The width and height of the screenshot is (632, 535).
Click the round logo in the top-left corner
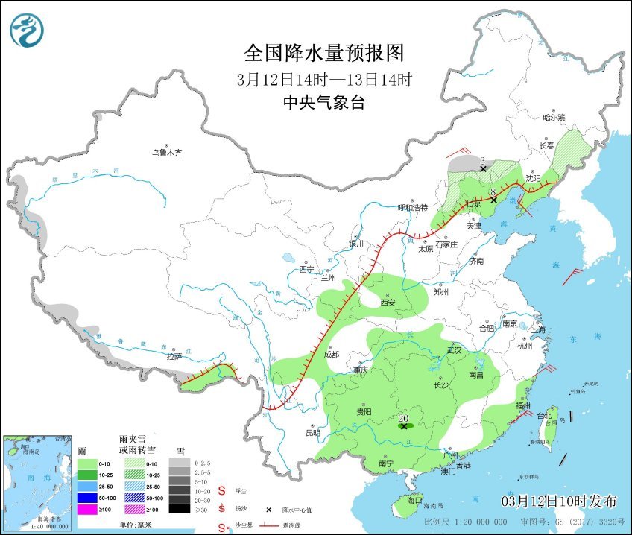point(27,30)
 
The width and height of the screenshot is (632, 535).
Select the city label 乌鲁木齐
point(167,153)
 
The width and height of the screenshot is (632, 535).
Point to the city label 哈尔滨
point(554,118)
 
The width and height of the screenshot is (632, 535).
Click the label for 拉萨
point(174,357)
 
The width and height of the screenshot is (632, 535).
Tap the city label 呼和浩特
point(414,208)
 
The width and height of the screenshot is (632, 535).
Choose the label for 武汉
point(454,350)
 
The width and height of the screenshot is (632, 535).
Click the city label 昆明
point(312,432)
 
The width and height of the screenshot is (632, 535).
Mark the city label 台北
point(546,416)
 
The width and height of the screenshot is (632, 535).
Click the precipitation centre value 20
point(404,418)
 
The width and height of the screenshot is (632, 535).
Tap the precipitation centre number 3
point(483,161)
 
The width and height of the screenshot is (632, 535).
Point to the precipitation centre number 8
point(493,192)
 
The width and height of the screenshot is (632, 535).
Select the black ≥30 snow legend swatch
point(179,509)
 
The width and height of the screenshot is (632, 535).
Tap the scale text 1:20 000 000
point(481,522)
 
